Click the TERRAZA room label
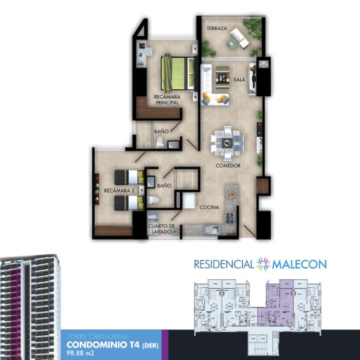(217, 28)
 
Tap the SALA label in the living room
(239, 80)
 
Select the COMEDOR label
(228, 165)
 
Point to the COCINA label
(209, 207)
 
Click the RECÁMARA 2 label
(119, 191)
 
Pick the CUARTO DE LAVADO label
(161, 229)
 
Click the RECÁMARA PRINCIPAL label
(167, 100)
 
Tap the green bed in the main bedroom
(178, 73)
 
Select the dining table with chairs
(227, 143)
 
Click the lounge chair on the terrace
(240, 38)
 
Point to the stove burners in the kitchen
(230, 218)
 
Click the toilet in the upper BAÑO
(160, 142)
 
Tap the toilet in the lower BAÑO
(152, 200)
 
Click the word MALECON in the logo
(299, 265)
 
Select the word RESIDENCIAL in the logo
(224, 264)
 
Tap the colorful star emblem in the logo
(263, 264)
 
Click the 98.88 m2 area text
(80, 352)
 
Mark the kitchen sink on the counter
(212, 230)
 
